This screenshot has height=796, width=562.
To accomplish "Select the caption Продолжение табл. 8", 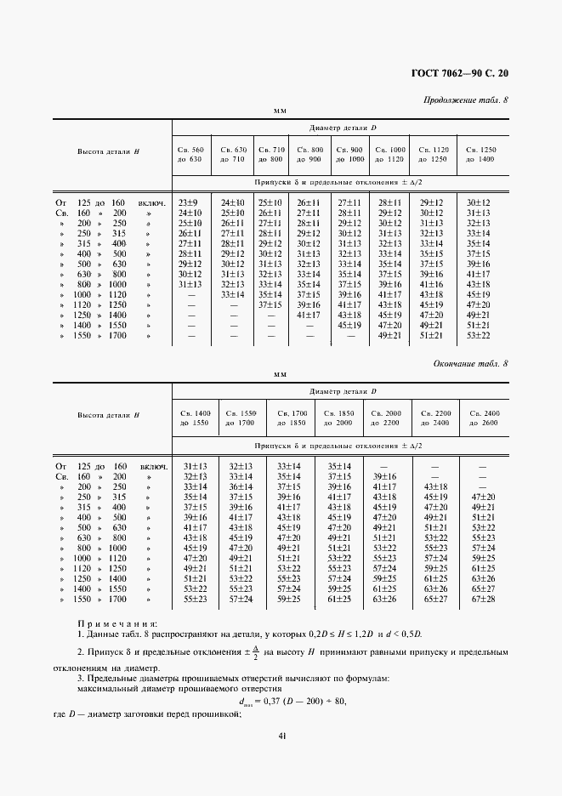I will [x=465, y=99].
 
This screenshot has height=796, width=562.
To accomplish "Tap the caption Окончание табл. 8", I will [x=470, y=363].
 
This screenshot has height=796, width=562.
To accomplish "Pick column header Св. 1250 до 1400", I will [x=481, y=154].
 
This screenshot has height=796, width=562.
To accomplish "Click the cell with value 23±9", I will [x=187, y=202].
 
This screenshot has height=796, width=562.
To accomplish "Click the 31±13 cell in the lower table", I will [x=196, y=466].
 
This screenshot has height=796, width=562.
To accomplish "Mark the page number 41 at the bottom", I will [x=281, y=736].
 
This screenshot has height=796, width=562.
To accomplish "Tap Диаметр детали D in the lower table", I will [x=341, y=391].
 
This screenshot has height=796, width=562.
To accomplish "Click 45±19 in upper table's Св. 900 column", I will [x=350, y=324].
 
